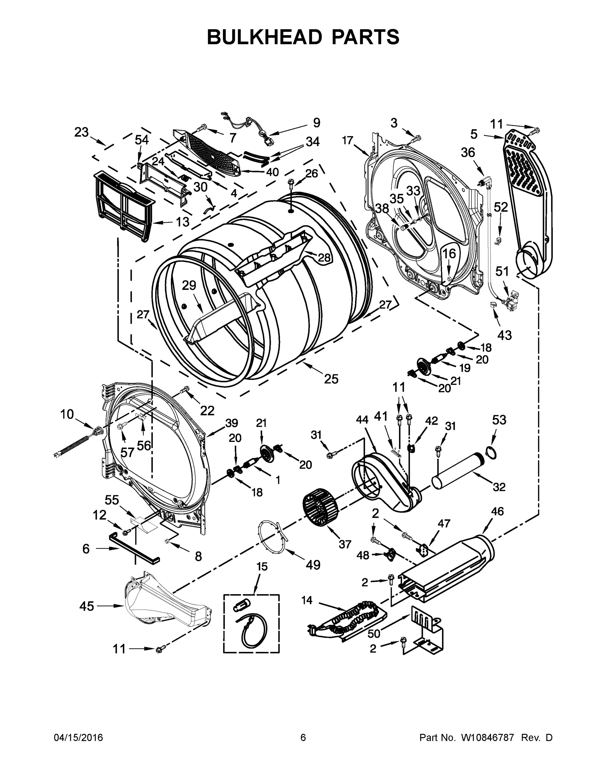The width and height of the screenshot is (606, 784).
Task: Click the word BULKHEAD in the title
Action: (x=264, y=37)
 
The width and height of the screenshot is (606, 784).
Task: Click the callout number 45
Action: (x=87, y=606)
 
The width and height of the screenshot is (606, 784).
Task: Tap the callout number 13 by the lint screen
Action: (x=182, y=222)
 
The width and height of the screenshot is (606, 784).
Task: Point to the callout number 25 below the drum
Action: (x=331, y=379)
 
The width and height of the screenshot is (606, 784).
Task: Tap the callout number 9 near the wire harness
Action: (x=316, y=123)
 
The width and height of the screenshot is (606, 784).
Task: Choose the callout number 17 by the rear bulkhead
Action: (x=348, y=140)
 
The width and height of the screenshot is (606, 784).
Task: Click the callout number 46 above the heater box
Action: (x=497, y=511)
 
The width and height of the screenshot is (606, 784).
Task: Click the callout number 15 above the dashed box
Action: (x=262, y=567)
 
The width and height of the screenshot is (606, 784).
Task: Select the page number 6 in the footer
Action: (x=303, y=737)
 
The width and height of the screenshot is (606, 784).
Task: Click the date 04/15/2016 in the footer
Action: (x=78, y=737)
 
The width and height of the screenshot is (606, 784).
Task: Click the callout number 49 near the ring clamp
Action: (x=313, y=565)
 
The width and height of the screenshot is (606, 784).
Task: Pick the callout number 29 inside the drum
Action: (x=189, y=286)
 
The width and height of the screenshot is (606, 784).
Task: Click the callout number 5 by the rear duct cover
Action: (x=474, y=134)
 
